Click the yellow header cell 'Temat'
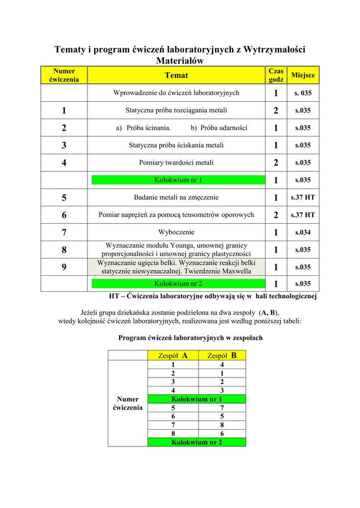point(176,75)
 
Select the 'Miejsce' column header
point(303,75)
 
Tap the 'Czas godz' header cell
point(276,75)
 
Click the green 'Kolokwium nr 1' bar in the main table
point(178,180)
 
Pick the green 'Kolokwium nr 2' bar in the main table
point(178,284)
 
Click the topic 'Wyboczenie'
point(176,232)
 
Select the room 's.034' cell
point(303,232)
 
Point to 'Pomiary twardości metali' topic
point(176,163)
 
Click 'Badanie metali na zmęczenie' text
point(176,197)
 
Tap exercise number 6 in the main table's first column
point(64,215)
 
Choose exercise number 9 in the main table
point(64,267)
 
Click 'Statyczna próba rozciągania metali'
point(176,110)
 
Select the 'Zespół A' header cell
point(172,355)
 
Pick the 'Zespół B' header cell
point(221,355)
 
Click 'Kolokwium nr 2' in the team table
point(197,442)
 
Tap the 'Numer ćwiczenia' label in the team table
point(128,403)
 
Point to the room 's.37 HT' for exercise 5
point(303,197)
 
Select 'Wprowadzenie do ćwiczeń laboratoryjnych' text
point(176,93)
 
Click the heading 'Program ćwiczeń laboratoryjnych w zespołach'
point(190,338)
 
